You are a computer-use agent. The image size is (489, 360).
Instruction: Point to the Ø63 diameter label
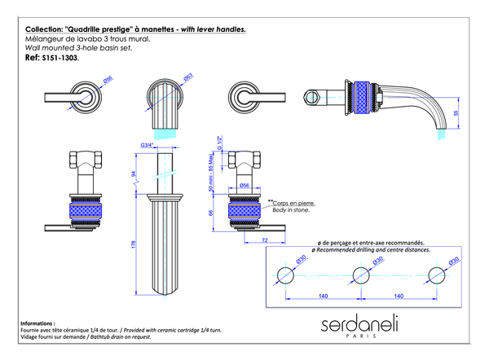tap(188, 78)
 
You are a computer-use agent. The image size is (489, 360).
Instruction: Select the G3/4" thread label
tap(148, 145)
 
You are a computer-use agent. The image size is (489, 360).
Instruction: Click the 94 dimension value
tap(134, 173)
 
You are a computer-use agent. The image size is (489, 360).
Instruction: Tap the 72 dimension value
tap(265, 240)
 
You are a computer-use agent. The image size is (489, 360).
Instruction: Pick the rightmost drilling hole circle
tap(438, 274)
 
